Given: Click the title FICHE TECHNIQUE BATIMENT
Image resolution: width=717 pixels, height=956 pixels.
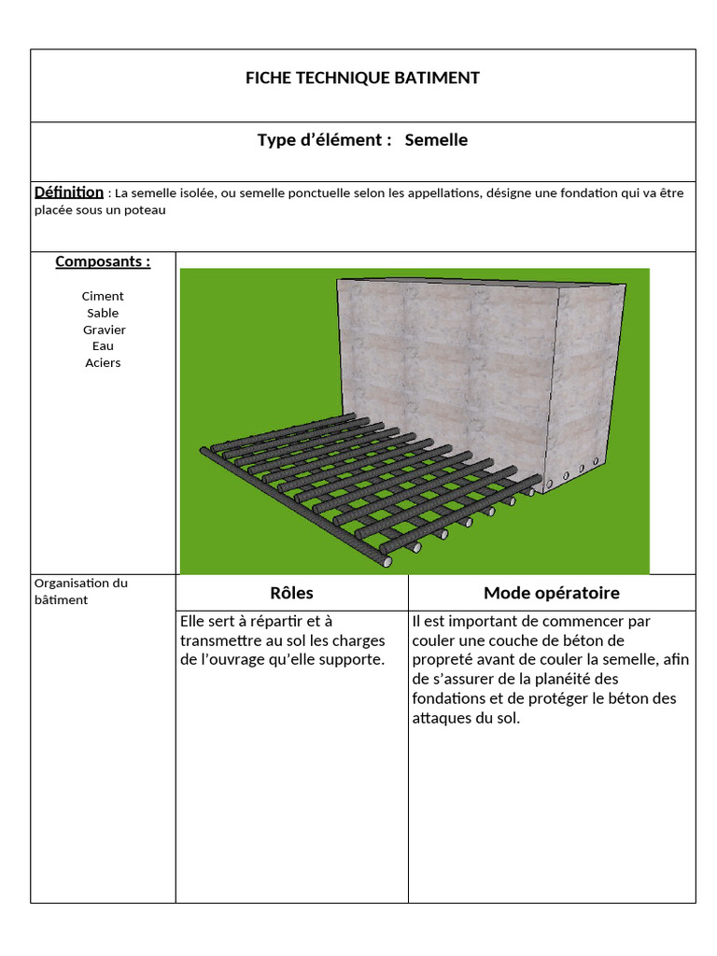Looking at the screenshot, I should click(362, 78).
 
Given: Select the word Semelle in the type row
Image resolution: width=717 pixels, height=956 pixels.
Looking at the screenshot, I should click(436, 141).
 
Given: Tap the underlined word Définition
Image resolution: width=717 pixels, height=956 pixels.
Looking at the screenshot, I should click(69, 192).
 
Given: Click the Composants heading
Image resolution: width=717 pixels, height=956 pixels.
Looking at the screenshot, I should click(103, 261).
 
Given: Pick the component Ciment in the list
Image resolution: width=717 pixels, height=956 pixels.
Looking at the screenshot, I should click(103, 296).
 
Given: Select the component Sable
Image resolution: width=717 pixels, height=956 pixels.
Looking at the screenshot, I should click(103, 313).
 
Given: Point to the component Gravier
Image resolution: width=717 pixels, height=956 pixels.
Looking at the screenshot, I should click(104, 330).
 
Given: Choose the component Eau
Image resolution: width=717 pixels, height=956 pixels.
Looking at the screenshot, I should click(103, 345).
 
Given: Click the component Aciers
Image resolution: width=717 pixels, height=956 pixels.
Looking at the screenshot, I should click(103, 362).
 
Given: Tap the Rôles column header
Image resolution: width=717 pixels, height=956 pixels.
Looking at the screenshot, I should click(291, 593).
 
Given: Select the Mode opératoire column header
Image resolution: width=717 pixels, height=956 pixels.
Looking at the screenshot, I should click(551, 593).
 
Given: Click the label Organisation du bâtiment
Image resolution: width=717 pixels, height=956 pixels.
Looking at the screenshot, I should click(81, 591).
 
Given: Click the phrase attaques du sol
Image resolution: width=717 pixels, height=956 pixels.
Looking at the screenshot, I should click(465, 719).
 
